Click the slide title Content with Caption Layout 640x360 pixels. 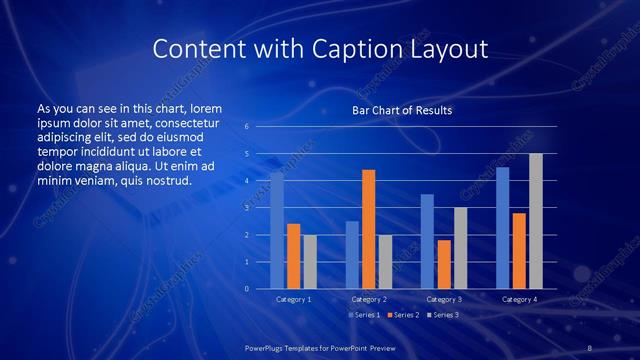(320, 49)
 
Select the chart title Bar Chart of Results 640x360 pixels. (402, 110)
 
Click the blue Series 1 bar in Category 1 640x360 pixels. (277, 231)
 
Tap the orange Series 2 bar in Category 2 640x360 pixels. (368, 229)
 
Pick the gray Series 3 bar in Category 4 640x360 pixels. (536, 221)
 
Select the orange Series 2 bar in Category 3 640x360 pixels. (443, 264)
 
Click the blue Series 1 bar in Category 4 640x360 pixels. (502, 228)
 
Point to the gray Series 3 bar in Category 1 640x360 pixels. (309, 262)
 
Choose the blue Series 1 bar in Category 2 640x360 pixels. (352, 255)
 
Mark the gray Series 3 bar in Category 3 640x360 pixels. (460, 248)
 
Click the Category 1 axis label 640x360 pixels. (293, 299)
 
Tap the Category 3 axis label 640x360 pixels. (443, 299)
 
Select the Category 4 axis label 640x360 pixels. (519, 299)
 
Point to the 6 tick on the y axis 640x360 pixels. (247, 127)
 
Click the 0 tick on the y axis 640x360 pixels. (247, 289)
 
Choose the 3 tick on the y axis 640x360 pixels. (247, 208)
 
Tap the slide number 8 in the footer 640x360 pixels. (590, 347)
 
